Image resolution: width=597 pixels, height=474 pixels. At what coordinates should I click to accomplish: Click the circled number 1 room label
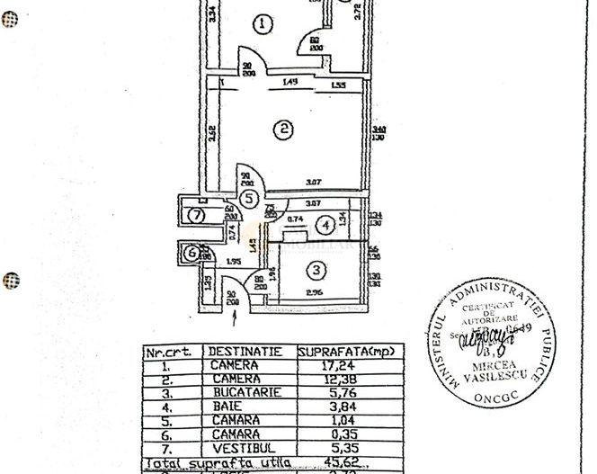[261, 24]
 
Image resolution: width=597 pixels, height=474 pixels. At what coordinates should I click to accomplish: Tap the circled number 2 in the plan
[284, 130]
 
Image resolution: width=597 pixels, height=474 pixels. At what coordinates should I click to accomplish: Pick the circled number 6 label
[191, 255]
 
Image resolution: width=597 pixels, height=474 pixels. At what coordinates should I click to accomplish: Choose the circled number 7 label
[198, 214]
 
